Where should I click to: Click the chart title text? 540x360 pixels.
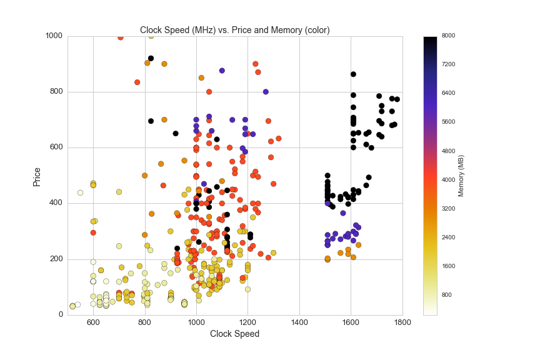(234, 29)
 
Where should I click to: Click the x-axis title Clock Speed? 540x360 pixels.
(234, 334)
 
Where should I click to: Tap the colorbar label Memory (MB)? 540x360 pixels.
(461, 176)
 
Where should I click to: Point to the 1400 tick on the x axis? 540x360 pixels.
(299, 322)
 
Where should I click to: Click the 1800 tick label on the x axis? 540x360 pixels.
(402, 322)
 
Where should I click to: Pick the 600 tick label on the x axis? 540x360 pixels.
(93, 322)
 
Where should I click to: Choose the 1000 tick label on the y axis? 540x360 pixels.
(54, 36)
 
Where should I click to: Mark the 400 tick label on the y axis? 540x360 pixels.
(56, 203)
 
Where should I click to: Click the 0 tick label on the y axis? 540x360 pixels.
(60, 314)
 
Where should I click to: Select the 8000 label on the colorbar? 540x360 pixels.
(448, 36)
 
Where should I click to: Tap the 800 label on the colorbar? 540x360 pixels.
(446, 295)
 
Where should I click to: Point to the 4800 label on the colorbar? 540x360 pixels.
(448, 151)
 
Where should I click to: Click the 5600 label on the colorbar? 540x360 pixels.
(448, 122)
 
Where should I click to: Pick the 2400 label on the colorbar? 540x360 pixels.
(448, 237)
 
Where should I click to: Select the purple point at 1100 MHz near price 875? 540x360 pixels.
(222, 71)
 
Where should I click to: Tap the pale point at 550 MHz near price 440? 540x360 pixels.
(80, 192)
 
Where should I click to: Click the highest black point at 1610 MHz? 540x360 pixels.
(353, 74)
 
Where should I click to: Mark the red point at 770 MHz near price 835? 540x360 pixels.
(137, 82)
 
